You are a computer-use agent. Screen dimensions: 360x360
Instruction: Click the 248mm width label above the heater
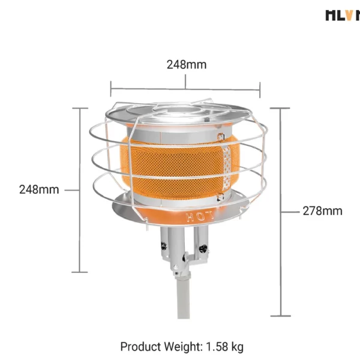186,65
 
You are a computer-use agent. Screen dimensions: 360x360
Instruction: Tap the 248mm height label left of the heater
39,190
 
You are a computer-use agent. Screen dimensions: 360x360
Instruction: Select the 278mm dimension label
322,211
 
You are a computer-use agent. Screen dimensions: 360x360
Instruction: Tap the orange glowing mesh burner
174,168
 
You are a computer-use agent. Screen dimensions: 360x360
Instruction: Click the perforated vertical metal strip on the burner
226,168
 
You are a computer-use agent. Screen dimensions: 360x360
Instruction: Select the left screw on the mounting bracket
162,245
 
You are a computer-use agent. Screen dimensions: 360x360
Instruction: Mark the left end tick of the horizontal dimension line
111,90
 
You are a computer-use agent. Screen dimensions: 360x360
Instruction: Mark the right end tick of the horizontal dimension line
260,90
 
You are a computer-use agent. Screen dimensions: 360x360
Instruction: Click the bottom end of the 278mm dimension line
280,316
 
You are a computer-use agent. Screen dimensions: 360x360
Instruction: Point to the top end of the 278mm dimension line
280,108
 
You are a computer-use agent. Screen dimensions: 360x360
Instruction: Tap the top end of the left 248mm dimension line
80,108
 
